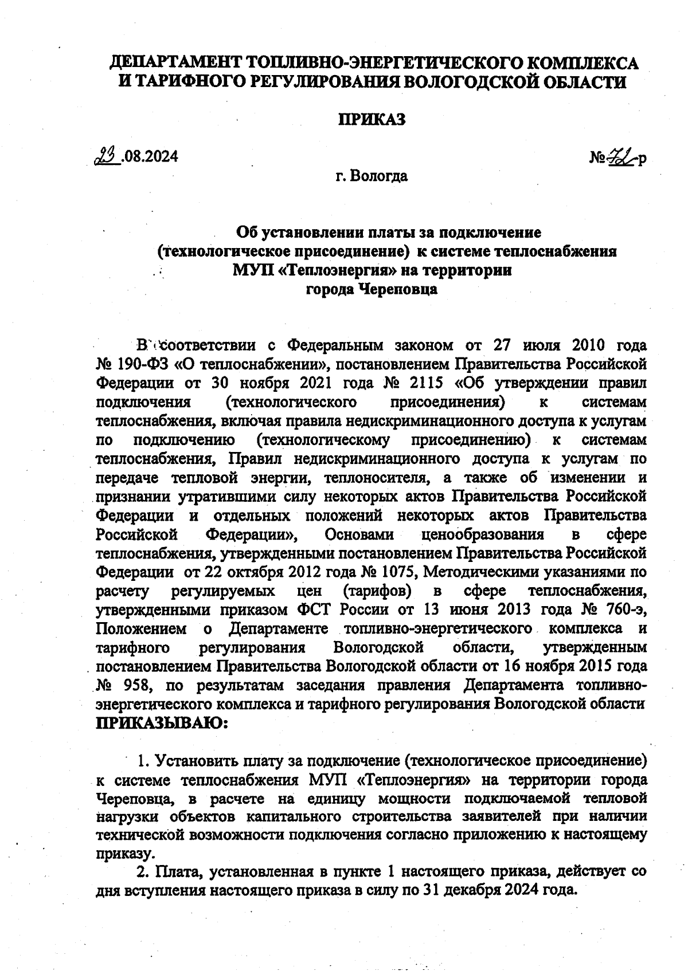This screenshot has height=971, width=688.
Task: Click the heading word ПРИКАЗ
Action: [371, 120]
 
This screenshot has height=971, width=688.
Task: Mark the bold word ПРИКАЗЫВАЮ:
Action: [162, 723]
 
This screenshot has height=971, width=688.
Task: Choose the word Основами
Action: [359, 534]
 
